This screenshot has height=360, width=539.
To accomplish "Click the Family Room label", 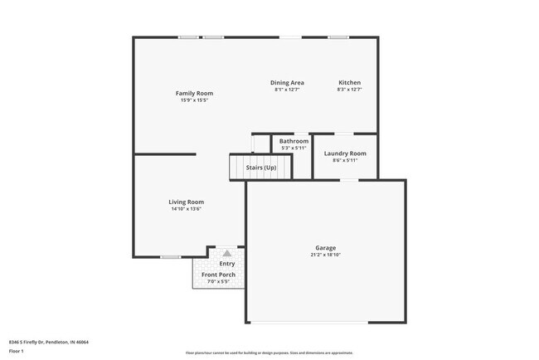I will tap(195, 93).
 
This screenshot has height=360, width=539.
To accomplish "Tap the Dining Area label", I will tap(288, 82).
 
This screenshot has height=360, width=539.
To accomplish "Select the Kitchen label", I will tap(349, 82).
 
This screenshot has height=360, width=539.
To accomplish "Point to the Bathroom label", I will tap(294, 141).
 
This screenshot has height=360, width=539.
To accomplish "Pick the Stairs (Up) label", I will tap(261, 168).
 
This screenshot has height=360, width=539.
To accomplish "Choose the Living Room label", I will tap(187, 202).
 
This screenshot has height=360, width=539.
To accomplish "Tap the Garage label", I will tap(325, 248).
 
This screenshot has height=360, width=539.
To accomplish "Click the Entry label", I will tap(226, 264).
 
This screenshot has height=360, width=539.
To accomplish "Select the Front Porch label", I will tap(218, 275).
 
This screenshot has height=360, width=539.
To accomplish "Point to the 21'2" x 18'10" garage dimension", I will tap(325, 255).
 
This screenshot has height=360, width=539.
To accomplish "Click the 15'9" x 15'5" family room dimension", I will tap(195, 100).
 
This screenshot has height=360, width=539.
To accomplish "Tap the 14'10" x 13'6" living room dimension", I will tap(187, 209).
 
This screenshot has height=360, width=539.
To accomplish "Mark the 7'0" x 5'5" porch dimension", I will tap(218, 282).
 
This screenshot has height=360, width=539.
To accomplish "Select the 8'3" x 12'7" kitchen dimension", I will tap(349, 90).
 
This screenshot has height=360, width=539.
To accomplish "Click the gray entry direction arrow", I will tap(227, 252).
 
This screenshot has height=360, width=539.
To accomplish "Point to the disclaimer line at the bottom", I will tap(269, 353).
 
